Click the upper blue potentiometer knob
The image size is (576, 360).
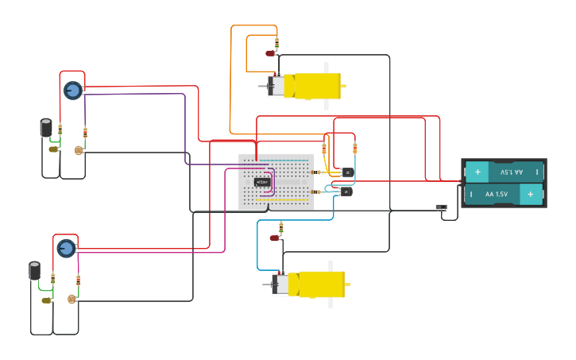(x=72, y=90)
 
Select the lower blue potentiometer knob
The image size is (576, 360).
(x=66, y=248)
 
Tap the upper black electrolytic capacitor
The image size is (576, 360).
(x=47, y=128)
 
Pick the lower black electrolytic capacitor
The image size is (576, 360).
(x=35, y=270)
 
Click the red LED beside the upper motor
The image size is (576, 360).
(x=270, y=53)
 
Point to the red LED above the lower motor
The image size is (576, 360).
(x=275, y=238)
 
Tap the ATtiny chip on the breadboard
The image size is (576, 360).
(x=262, y=182)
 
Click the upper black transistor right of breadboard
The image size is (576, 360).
(x=346, y=172)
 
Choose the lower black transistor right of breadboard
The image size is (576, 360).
(x=346, y=191)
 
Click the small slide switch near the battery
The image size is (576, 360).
(x=442, y=207)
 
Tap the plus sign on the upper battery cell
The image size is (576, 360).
(x=477, y=172)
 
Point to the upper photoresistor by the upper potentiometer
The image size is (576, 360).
(x=79, y=149)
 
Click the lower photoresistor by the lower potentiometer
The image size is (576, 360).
(x=72, y=299)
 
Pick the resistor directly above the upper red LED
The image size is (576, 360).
(x=276, y=41)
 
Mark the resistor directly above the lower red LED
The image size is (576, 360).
(x=280, y=226)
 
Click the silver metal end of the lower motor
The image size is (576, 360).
(x=280, y=284)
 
